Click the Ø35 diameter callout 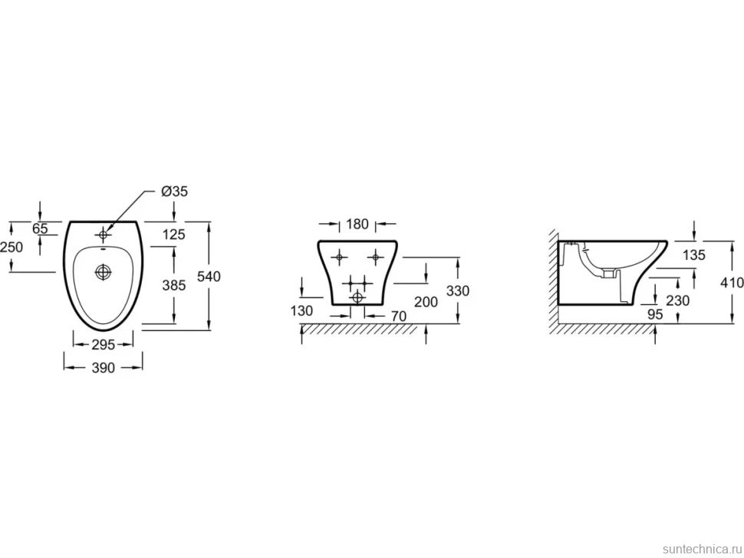click(174, 191)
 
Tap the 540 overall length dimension click(209, 276)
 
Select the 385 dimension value click(174, 285)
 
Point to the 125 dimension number click(173, 235)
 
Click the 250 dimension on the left click(12, 247)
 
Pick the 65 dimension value click(41, 228)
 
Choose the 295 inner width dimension click(103, 345)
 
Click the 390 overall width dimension click(103, 367)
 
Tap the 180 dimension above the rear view click(357, 224)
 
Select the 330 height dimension click(458, 290)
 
